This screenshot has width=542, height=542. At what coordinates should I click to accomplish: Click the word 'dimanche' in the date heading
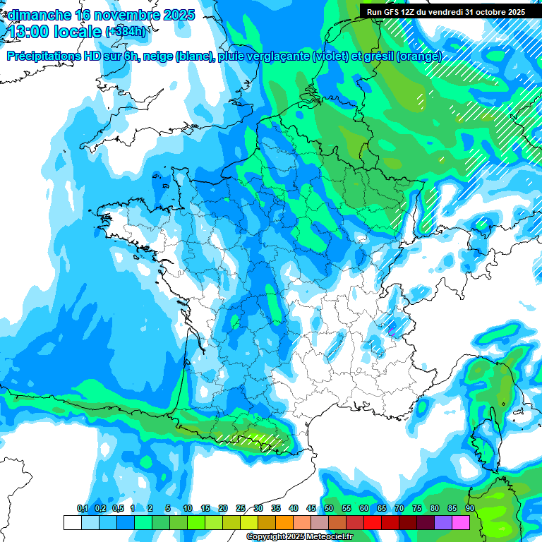pyautogui.click(x=39, y=15)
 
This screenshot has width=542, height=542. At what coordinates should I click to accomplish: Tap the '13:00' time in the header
pyautogui.click(x=28, y=32)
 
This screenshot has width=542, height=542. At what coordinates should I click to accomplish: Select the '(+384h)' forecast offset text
pyautogui.click(x=126, y=32)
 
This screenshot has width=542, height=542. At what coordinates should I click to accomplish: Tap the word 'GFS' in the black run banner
pyautogui.click(x=394, y=11)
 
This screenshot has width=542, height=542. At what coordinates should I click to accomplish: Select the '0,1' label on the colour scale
pyautogui.click(x=82, y=509)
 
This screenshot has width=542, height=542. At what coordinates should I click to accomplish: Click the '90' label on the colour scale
pyautogui.click(x=469, y=509)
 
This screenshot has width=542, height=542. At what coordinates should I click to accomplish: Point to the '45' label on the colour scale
pyautogui.click(x=311, y=509)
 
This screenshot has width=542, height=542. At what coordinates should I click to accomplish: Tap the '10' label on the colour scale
pyautogui.click(x=188, y=509)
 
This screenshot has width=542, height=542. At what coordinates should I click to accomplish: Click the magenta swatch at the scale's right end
pyautogui.click(x=461, y=522)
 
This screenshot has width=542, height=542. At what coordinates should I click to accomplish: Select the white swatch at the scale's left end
pyautogui.click(x=72, y=522)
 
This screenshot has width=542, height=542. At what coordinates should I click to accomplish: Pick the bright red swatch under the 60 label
pyautogui.click(x=373, y=522)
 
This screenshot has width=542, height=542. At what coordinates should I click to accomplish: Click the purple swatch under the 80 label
pyautogui.click(x=443, y=522)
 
